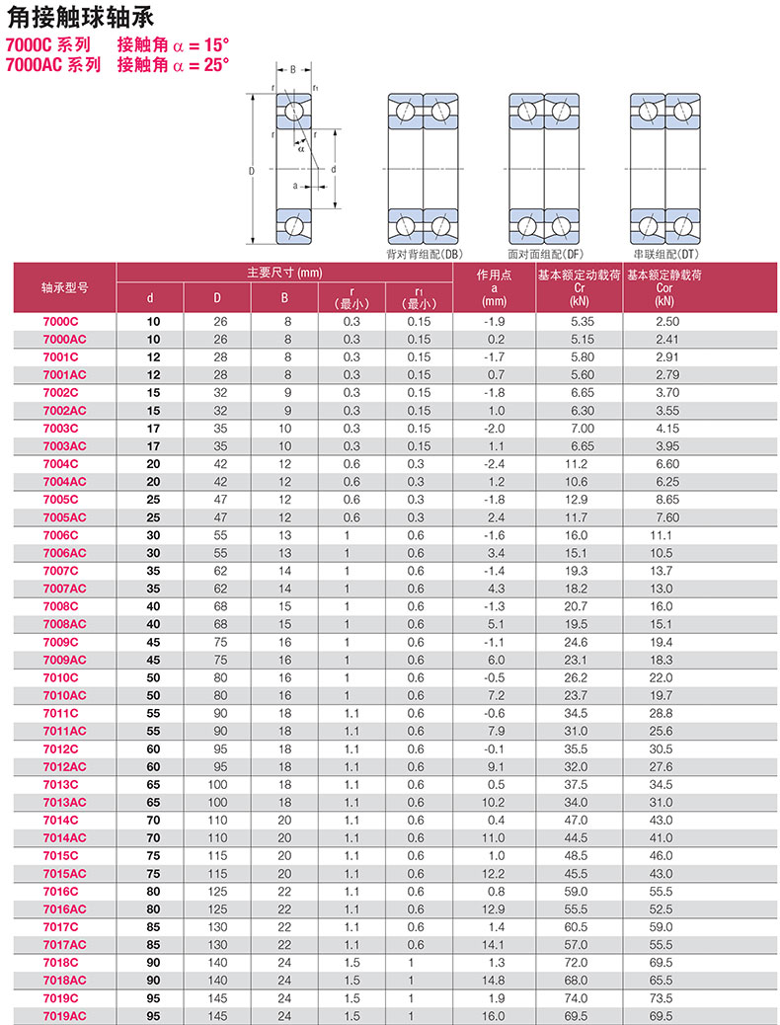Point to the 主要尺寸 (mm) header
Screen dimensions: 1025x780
(284, 273)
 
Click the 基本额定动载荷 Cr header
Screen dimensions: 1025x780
(580, 287)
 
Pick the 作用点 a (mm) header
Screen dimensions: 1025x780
(494, 287)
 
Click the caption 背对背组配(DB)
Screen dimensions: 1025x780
(425, 254)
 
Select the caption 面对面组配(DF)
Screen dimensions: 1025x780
(546, 254)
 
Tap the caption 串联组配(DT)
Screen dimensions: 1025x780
(667, 254)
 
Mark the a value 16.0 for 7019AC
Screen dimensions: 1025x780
(495, 1015)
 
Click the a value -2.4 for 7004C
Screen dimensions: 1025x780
(495, 464)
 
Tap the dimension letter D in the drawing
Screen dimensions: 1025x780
(253, 170)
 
